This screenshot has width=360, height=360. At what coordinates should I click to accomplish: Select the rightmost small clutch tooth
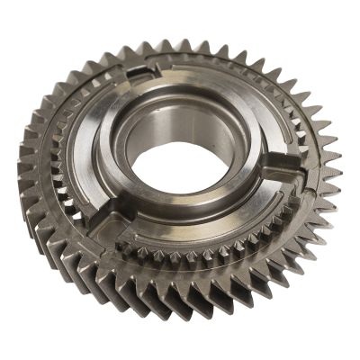[310, 180]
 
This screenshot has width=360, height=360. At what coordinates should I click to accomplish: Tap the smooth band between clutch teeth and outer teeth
[225, 270]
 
